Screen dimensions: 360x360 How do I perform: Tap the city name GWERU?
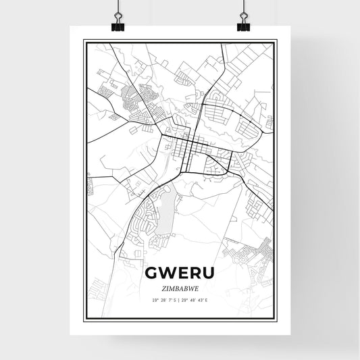coord(180,272)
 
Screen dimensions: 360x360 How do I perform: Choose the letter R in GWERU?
coord(195,272)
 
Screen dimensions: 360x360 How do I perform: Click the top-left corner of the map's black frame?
coord(84,41)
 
